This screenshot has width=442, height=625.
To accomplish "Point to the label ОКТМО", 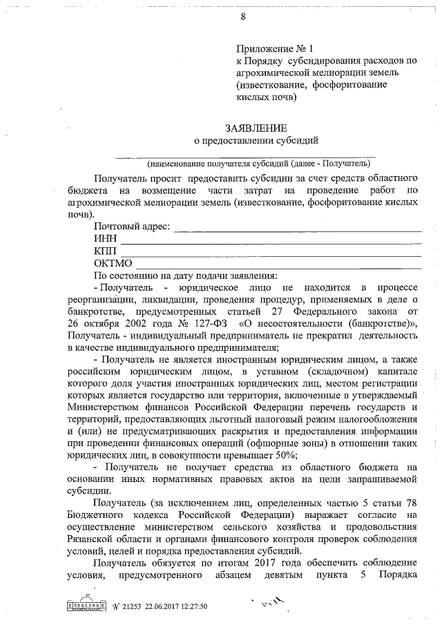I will tap(113, 263).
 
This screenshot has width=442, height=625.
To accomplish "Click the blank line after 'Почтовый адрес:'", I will tap(297, 229).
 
